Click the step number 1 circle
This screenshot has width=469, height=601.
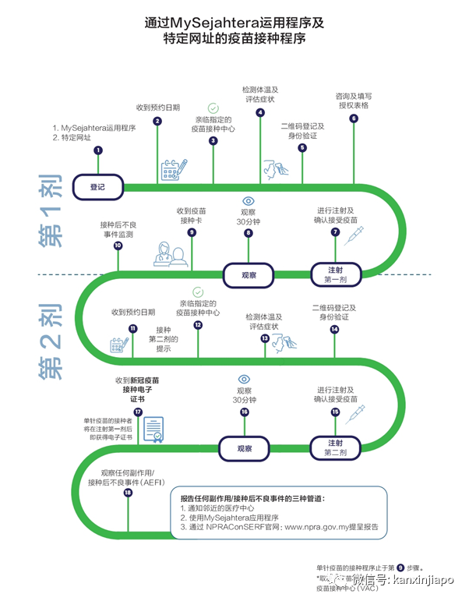(98, 150)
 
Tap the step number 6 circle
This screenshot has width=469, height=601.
(354, 119)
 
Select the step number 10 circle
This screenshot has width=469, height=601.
(118, 246)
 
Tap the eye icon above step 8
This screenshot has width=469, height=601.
(249, 200)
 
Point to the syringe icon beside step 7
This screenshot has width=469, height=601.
(354, 235)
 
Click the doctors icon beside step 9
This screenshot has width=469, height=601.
(171, 253)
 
